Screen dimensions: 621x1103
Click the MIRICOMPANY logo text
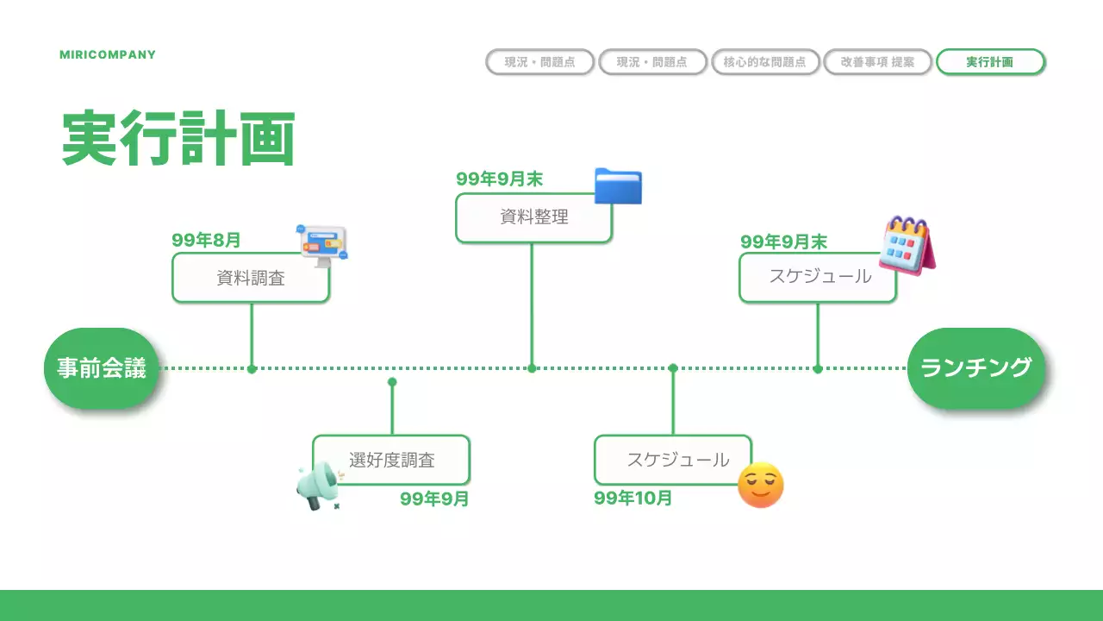click(x=108, y=54)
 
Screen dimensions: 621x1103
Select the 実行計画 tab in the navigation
click(x=990, y=62)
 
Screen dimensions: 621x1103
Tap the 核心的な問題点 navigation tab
click(x=764, y=62)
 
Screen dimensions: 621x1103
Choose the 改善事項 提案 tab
click(x=877, y=62)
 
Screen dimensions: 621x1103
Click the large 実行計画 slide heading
click(x=178, y=138)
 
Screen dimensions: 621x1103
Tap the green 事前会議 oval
click(x=102, y=368)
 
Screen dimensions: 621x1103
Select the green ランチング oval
click(x=976, y=368)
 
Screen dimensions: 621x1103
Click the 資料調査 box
click(x=251, y=278)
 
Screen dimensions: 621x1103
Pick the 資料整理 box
click(x=533, y=217)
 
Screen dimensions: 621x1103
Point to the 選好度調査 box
click(x=391, y=460)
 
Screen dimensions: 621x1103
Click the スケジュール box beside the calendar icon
click(x=818, y=277)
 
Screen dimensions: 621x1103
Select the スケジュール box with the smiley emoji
click(x=673, y=460)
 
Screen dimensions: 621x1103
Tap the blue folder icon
click(x=618, y=186)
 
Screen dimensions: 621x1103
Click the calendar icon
click(x=907, y=245)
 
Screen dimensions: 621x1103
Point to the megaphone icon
click(x=317, y=486)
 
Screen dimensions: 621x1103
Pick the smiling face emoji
click(x=761, y=485)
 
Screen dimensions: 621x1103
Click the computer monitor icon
click(x=323, y=245)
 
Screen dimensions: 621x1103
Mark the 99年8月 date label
click(x=206, y=241)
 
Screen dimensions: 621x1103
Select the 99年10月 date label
click(x=633, y=499)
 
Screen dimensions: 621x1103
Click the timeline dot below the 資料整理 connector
click(x=532, y=368)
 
